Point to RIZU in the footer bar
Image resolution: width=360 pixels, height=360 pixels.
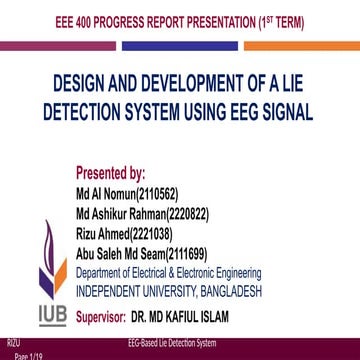click(11, 344)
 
